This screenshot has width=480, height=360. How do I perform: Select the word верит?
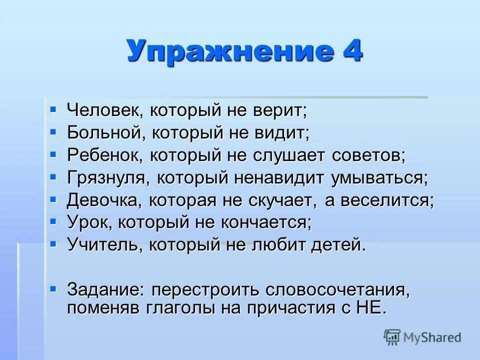[282, 110]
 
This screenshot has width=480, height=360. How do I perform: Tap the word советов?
[367, 155]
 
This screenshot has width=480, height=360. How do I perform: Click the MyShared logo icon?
[392, 337]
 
